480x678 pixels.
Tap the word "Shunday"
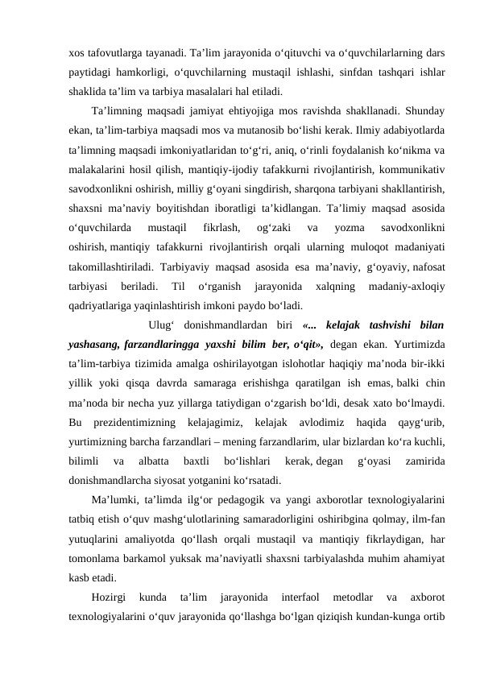tap(424, 112)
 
